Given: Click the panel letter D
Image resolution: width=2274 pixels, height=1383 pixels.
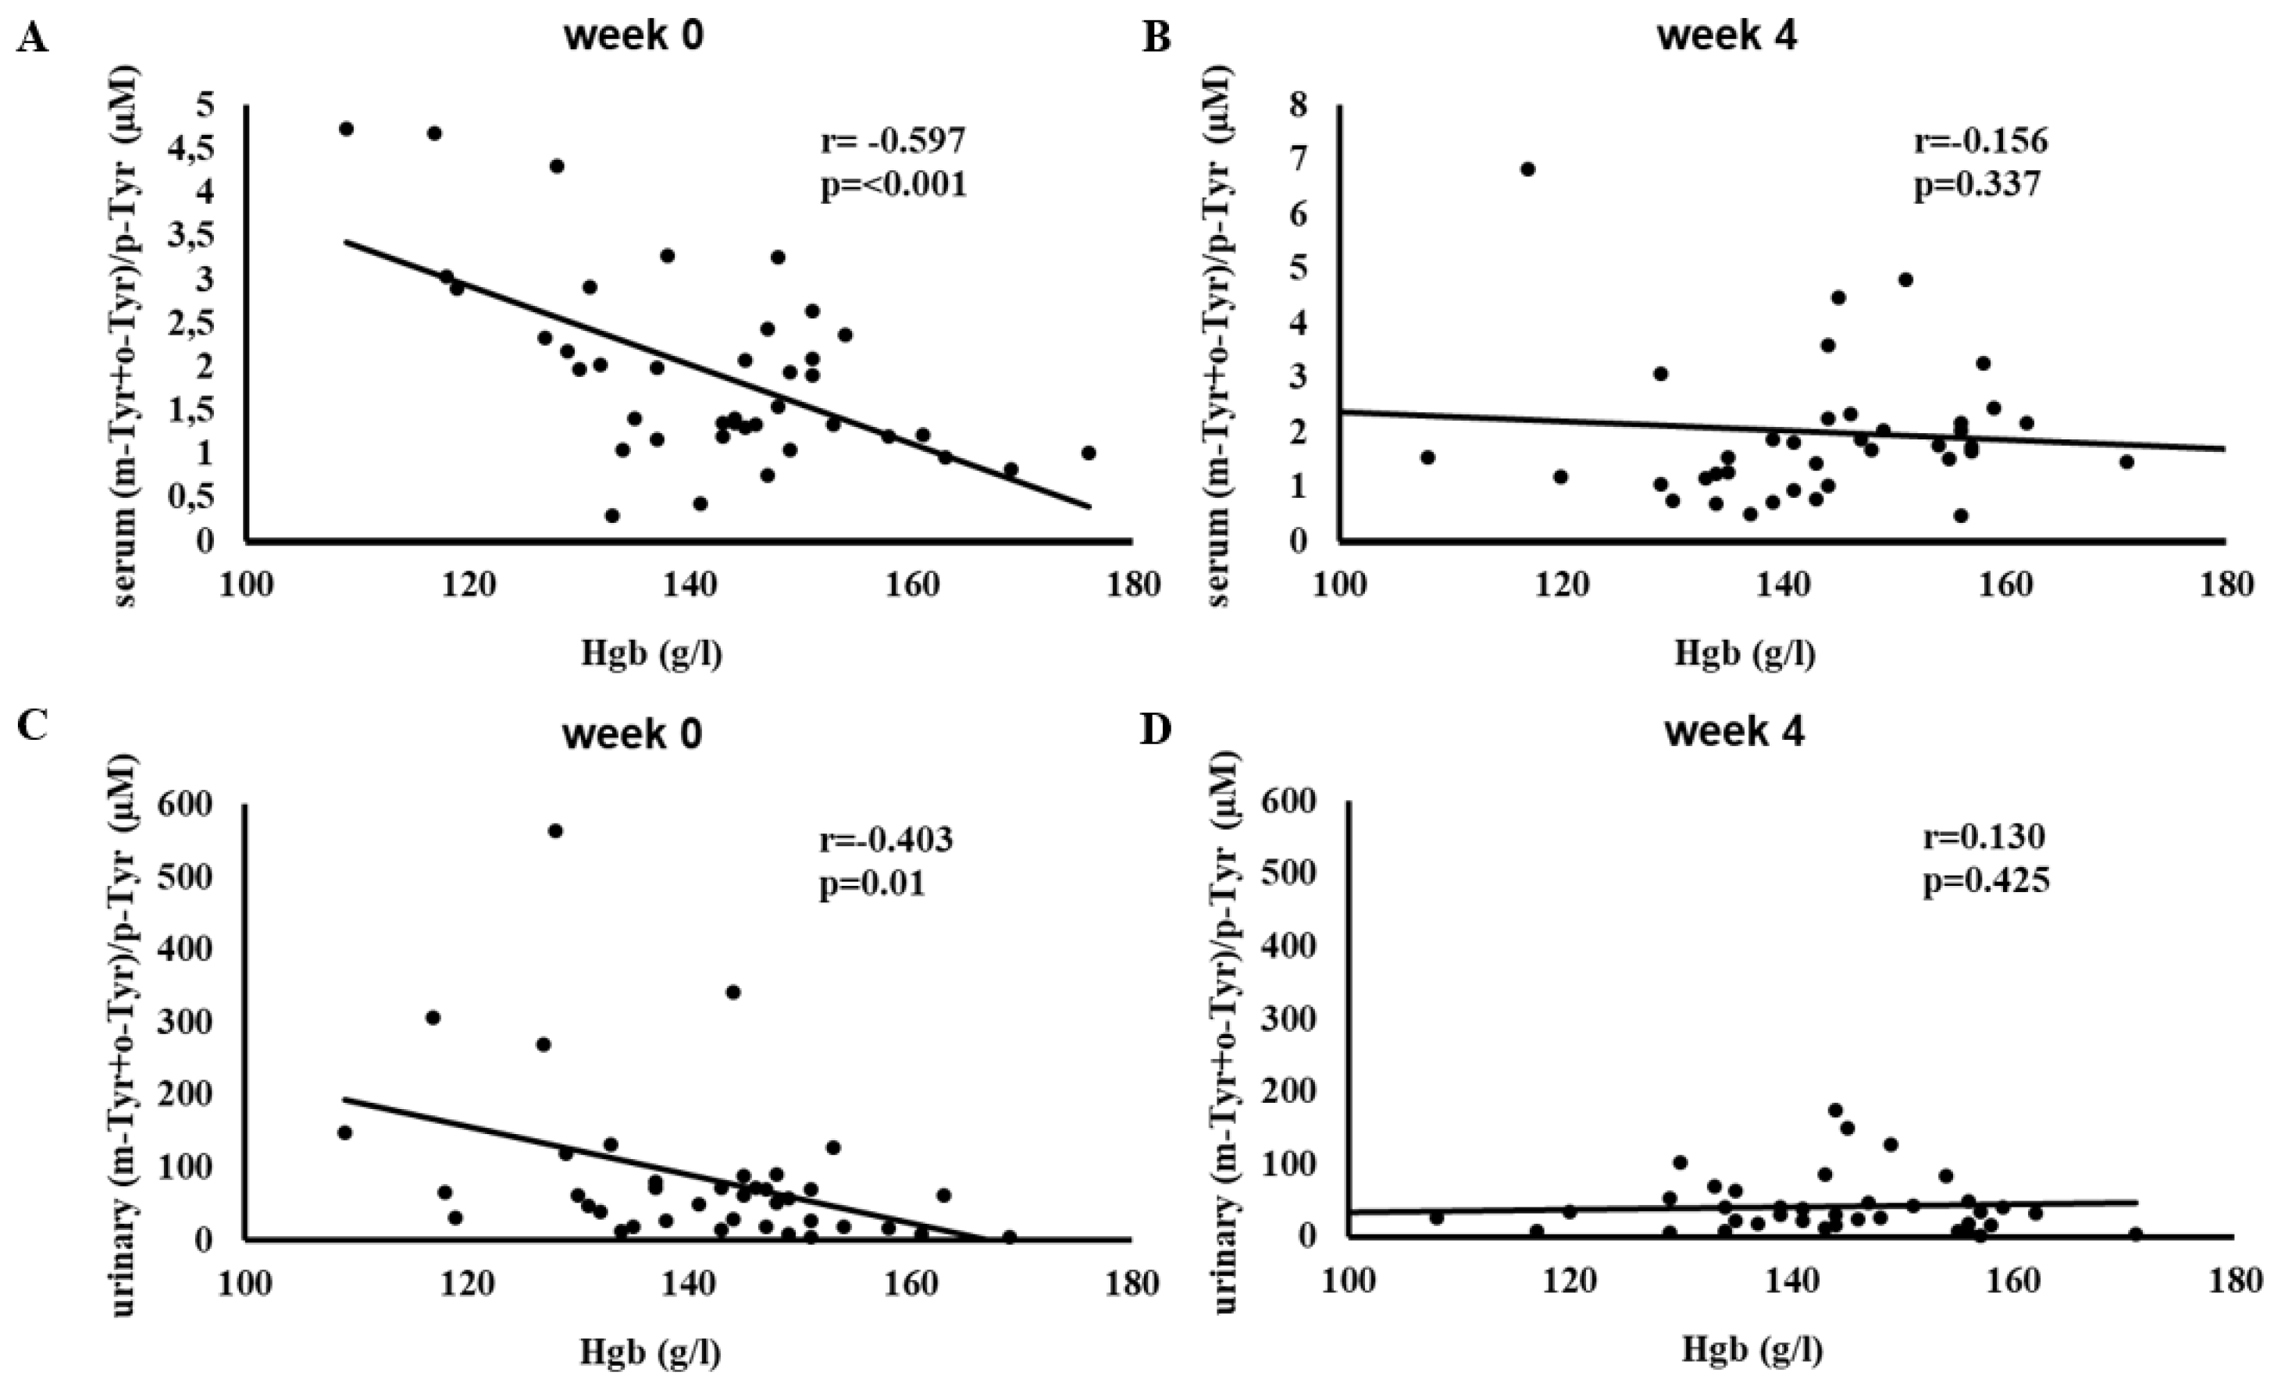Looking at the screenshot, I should click(1156, 729).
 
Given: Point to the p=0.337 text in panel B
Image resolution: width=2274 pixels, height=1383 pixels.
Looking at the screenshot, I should click(1976, 187).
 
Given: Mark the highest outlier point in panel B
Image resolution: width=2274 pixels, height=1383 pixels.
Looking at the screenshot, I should click(1527, 169).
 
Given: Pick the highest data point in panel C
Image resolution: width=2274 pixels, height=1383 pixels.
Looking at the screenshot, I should click(555, 830).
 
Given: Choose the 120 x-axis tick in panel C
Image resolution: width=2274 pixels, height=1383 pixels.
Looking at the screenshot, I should click(468, 1285).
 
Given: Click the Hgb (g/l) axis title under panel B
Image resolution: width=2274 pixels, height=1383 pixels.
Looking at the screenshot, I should click(1745, 653).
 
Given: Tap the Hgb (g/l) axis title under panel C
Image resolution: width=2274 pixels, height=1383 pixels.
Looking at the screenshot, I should click(650, 1353).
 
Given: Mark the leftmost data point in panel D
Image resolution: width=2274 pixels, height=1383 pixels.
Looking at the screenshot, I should click(1436, 1218).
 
